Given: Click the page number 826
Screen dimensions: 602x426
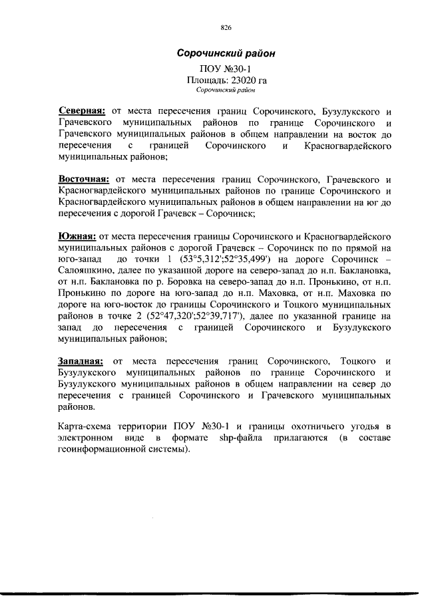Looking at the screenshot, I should coord(225,28).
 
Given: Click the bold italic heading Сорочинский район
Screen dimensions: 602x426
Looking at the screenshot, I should coord(225,53).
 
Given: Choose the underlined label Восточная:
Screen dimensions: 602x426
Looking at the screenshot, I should coord(85,180).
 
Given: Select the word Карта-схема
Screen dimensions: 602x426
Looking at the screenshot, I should coord(86,426).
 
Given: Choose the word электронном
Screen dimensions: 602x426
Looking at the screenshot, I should coord(86,437).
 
